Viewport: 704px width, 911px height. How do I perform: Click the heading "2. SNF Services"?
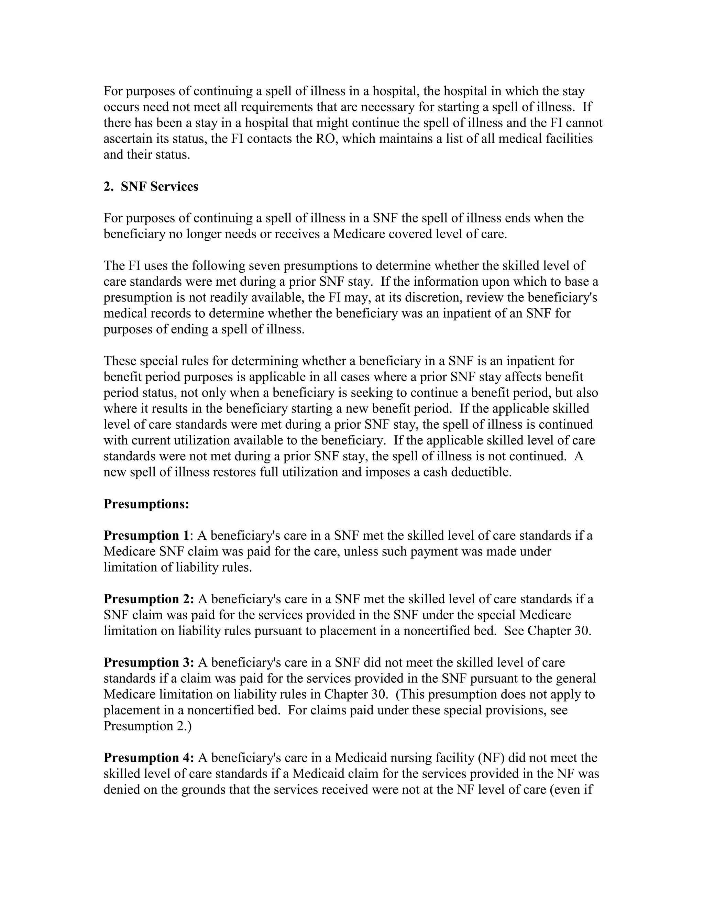click(x=151, y=186)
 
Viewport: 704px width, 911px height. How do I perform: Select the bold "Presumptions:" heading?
click(x=146, y=504)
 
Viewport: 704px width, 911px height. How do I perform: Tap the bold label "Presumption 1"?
click(x=146, y=536)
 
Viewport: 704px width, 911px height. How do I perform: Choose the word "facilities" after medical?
click(x=569, y=139)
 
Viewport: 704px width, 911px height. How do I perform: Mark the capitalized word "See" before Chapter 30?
click(x=514, y=631)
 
